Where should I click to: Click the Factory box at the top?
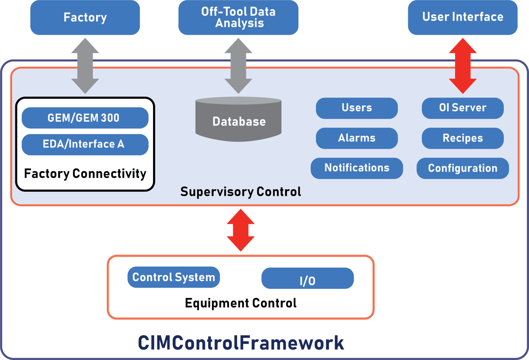(85, 18)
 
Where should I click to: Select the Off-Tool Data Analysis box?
(238, 18)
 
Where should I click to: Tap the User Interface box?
(462, 17)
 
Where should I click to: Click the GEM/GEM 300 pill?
(85, 118)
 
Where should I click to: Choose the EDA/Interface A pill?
(85, 144)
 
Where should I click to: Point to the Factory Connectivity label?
(85, 173)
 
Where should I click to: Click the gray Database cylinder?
(239, 120)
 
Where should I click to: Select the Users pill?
(357, 108)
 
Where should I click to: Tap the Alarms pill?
(357, 138)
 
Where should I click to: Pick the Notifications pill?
(357, 168)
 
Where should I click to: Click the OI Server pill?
(462, 108)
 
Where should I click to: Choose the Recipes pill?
(462, 138)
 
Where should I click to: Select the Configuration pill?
(462, 168)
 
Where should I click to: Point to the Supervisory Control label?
(241, 192)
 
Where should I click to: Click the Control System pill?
(174, 277)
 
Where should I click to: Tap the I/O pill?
(307, 279)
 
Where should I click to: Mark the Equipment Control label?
(241, 303)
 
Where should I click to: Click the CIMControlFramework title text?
(241, 343)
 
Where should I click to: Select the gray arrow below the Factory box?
(85, 65)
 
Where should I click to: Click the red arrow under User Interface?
(462, 65)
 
